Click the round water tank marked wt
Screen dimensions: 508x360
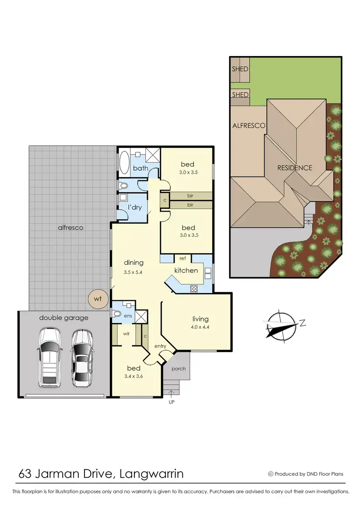pos(98,299)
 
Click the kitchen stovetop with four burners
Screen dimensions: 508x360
pos(194,289)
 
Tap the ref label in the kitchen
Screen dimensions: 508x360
pos(182,258)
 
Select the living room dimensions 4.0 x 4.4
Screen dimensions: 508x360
pos(200,327)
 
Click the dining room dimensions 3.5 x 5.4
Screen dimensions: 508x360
pos(133,272)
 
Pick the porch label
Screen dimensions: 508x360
pos(178,368)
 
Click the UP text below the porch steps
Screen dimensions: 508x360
pos(171,402)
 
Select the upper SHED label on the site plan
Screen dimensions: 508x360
pos(240,69)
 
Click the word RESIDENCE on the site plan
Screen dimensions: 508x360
pos(294,168)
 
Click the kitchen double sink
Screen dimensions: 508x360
pos(208,273)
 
